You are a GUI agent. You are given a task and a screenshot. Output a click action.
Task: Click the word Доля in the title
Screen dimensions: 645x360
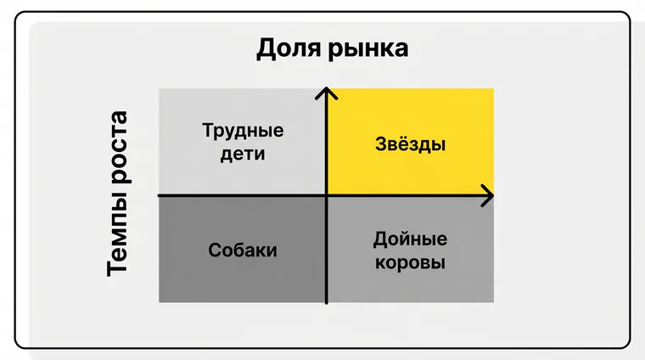pyautogui.click(x=289, y=48)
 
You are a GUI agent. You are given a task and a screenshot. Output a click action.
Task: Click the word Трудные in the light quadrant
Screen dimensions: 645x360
pyautogui.click(x=243, y=132)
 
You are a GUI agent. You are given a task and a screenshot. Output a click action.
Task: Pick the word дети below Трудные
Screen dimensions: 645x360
pyautogui.click(x=243, y=155)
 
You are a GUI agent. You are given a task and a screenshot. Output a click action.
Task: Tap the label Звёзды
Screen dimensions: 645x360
pyautogui.click(x=410, y=144)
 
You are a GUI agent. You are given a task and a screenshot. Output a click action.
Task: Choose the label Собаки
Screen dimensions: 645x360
pyautogui.click(x=243, y=250)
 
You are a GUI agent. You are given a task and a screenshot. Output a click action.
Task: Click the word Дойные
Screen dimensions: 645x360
pyautogui.click(x=410, y=239)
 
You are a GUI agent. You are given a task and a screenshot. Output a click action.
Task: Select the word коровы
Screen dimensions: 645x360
pyautogui.click(x=410, y=262)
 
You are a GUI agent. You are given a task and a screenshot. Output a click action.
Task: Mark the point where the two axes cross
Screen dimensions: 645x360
pyautogui.click(x=326, y=196)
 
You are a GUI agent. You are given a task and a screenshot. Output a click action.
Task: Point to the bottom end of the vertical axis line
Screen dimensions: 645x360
pyautogui.click(x=326, y=303)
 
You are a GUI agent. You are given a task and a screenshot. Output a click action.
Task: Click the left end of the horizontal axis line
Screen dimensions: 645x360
pyautogui.click(x=160, y=196)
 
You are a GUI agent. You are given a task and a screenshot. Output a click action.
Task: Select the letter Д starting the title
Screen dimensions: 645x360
pyautogui.click(x=267, y=49)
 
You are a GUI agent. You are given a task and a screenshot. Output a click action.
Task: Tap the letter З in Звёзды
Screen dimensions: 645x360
pyautogui.click(x=380, y=144)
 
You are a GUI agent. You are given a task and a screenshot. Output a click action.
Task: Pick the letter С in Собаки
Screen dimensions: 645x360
pyautogui.click(x=215, y=250)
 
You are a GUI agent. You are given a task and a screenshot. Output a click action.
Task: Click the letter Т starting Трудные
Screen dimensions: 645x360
pyautogui.click(x=208, y=131)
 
